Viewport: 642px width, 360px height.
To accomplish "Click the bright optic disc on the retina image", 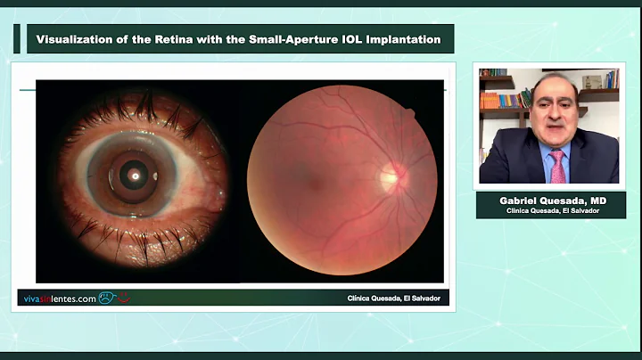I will tap(390, 177).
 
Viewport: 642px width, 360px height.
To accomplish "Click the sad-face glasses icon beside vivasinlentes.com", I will tap(108, 299).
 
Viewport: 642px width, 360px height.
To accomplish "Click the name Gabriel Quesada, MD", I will tap(550, 199).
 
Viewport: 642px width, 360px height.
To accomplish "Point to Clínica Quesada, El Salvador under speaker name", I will tap(550, 210).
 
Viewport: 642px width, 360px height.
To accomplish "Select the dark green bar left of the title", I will tap(16, 39).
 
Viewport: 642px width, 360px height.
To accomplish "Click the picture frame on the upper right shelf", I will tap(592, 82).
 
